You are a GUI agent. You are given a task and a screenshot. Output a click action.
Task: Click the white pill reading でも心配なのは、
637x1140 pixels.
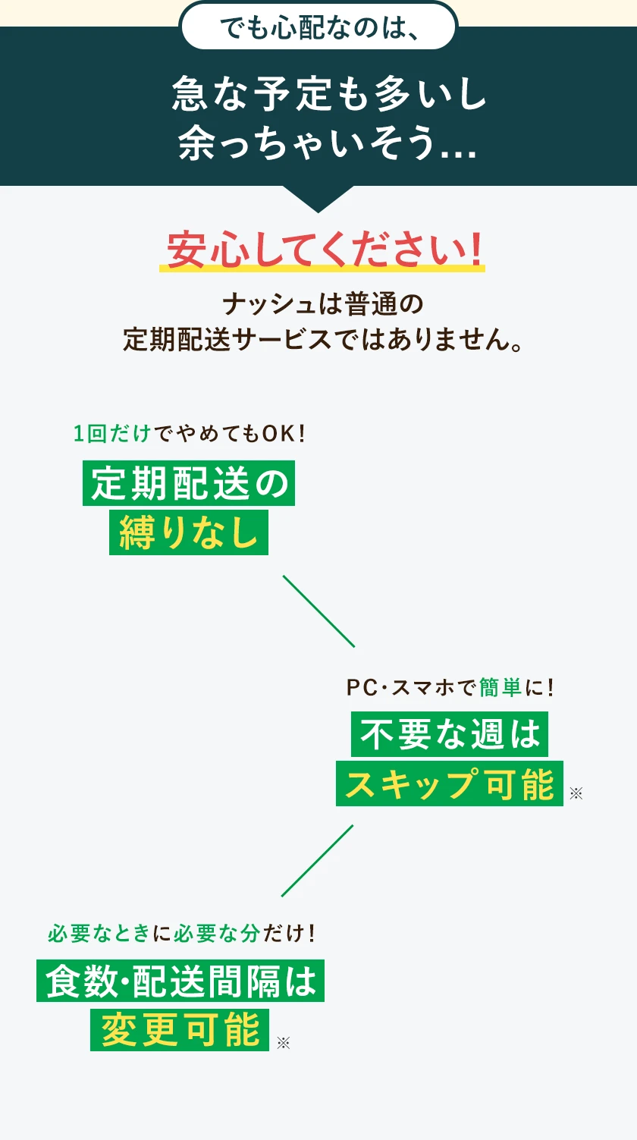[x=318, y=27]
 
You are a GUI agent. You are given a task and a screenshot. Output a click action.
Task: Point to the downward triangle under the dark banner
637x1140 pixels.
[x=318, y=199]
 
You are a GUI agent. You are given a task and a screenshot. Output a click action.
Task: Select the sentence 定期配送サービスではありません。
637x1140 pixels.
[x=323, y=339]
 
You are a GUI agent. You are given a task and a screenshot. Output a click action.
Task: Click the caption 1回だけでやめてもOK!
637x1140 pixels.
[x=189, y=434]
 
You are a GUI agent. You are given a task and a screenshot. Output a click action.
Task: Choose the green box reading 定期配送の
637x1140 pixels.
[x=188, y=484]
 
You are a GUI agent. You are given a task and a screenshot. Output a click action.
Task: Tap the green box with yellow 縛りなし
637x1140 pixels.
[x=189, y=532]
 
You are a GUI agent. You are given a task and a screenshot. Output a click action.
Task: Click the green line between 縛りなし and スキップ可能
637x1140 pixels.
[x=318, y=611]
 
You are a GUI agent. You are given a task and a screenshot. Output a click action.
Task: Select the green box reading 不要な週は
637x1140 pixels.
[x=450, y=734]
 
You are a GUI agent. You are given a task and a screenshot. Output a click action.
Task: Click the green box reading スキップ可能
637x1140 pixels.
[x=450, y=784]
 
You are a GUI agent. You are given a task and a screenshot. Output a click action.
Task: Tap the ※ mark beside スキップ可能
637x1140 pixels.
[x=576, y=793]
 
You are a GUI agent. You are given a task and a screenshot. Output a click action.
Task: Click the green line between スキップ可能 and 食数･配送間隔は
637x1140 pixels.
[x=318, y=860]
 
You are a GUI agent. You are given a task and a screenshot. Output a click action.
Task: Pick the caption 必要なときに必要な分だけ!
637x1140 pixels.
[x=181, y=933]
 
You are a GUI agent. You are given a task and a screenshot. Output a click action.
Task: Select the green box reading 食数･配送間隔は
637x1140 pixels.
[x=180, y=981]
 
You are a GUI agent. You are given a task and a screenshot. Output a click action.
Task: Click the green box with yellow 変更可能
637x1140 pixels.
[x=180, y=1029]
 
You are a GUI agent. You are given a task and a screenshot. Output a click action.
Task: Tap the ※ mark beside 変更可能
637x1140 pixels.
[x=283, y=1043]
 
